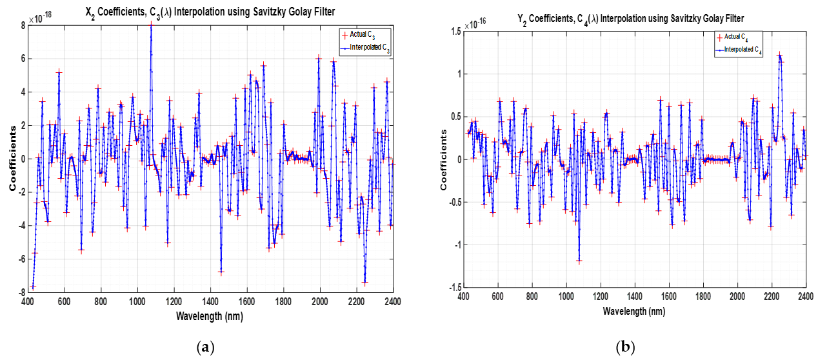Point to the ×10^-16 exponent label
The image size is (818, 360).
pos(478,24)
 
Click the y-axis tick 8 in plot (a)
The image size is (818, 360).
pos(23,25)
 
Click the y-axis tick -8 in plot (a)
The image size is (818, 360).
pos(21,292)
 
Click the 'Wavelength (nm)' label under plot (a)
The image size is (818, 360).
pos(211,316)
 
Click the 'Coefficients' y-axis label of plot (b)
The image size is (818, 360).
pos(444,159)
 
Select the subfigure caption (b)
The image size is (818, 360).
pos(625,348)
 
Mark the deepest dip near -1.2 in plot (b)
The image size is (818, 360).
pos(579,261)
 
